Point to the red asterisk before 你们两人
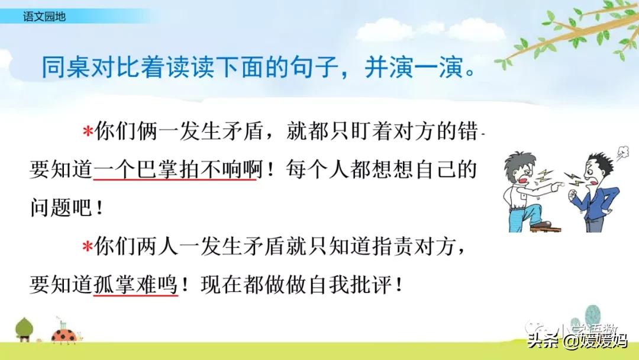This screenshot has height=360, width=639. [88, 247]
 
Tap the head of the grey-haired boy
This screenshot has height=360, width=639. [521, 163]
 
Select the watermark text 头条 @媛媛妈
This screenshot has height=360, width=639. [577, 340]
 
